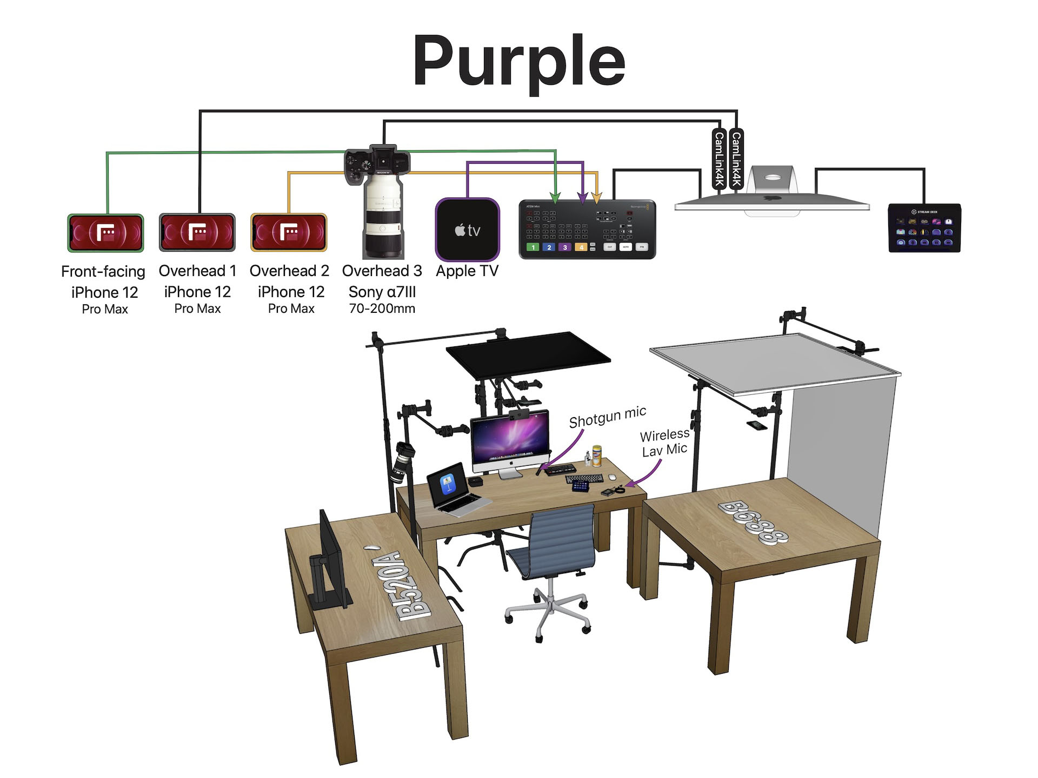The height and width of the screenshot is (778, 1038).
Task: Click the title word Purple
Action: pos(519,61)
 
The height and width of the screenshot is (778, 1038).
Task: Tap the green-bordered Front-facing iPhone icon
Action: pos(105,233)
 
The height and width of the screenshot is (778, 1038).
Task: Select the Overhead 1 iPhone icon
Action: pos(197,232)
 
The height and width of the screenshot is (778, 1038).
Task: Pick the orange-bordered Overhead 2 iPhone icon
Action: pos(289,232)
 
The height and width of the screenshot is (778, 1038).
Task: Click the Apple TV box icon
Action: pos(467,230)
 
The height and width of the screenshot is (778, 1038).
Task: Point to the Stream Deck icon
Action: pos(924,228)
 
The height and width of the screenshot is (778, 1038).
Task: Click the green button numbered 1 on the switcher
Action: pos(533,247)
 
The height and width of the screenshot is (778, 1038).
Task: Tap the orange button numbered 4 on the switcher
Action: pos(581,247)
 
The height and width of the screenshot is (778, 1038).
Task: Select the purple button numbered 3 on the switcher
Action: pos(565,247)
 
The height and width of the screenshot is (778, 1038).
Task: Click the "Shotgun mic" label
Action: pos(607,417)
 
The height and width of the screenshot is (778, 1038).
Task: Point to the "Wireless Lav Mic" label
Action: pos(664,442)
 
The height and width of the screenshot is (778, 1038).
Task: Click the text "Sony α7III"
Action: pos(382,292)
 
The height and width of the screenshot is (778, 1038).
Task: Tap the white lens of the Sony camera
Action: pos(383,216)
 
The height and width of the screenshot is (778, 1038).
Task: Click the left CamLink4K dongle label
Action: pos(719,159)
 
